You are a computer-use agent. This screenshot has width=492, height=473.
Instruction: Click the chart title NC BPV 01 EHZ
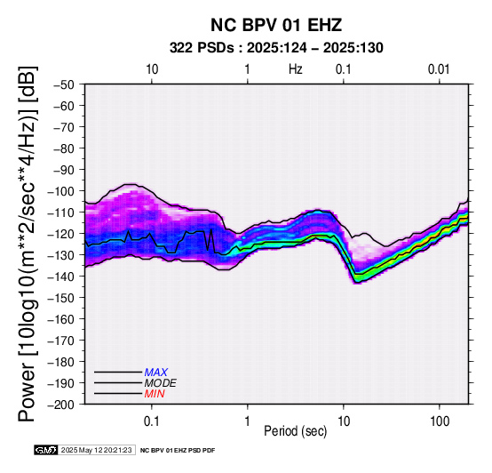[x=276, y=25]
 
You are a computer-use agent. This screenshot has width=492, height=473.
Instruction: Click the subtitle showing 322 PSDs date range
[x=276, y=48]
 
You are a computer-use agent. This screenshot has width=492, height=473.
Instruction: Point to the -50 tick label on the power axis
[x=63, y=84]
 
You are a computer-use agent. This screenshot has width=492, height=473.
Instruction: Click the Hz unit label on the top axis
[x=296, y=69]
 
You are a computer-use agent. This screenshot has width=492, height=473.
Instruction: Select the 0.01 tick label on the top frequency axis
[x=439, y=69]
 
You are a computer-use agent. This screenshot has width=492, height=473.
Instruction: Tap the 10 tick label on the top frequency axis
[x=152, y=69]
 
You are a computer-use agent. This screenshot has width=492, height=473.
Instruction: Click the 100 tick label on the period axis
[x=440, y=421]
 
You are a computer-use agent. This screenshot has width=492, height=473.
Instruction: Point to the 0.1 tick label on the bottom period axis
[x=152, y=421]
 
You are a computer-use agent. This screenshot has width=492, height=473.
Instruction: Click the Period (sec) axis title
[x=295, y=431]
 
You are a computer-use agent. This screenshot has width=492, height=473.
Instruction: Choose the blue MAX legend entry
[x=155, y=373]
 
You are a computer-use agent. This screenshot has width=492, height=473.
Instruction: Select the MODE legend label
[x=160, y=383]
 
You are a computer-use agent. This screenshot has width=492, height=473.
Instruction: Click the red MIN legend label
[x=155, y=394]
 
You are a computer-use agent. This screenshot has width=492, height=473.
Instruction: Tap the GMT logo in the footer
[x=46, y=450]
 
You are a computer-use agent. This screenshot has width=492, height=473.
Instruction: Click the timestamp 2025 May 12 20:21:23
[x=96, y=450]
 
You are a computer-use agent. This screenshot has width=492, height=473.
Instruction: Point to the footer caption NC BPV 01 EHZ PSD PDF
[x=178, y=451]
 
